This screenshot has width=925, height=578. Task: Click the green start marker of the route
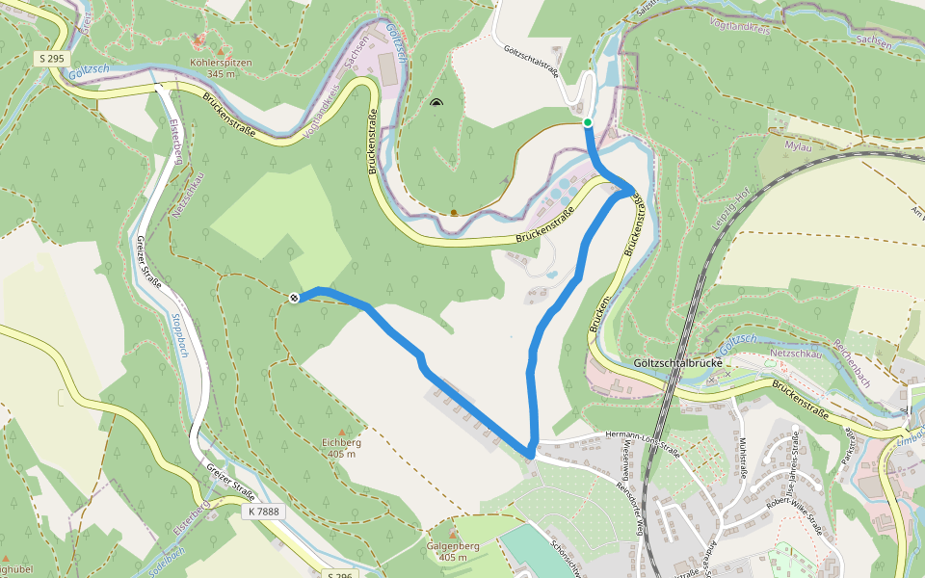click(587, 121)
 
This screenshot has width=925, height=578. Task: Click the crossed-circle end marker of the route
click(294, 298)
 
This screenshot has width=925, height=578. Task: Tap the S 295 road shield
click(52, 59)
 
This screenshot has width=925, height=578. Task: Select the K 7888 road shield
click(262, 512)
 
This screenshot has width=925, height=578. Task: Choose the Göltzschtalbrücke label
click(678, 364)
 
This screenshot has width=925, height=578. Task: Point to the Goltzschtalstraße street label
click(531, 65)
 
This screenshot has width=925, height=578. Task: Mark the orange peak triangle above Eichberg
click(340, 431)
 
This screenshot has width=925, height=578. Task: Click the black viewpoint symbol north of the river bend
click(436, 103)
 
